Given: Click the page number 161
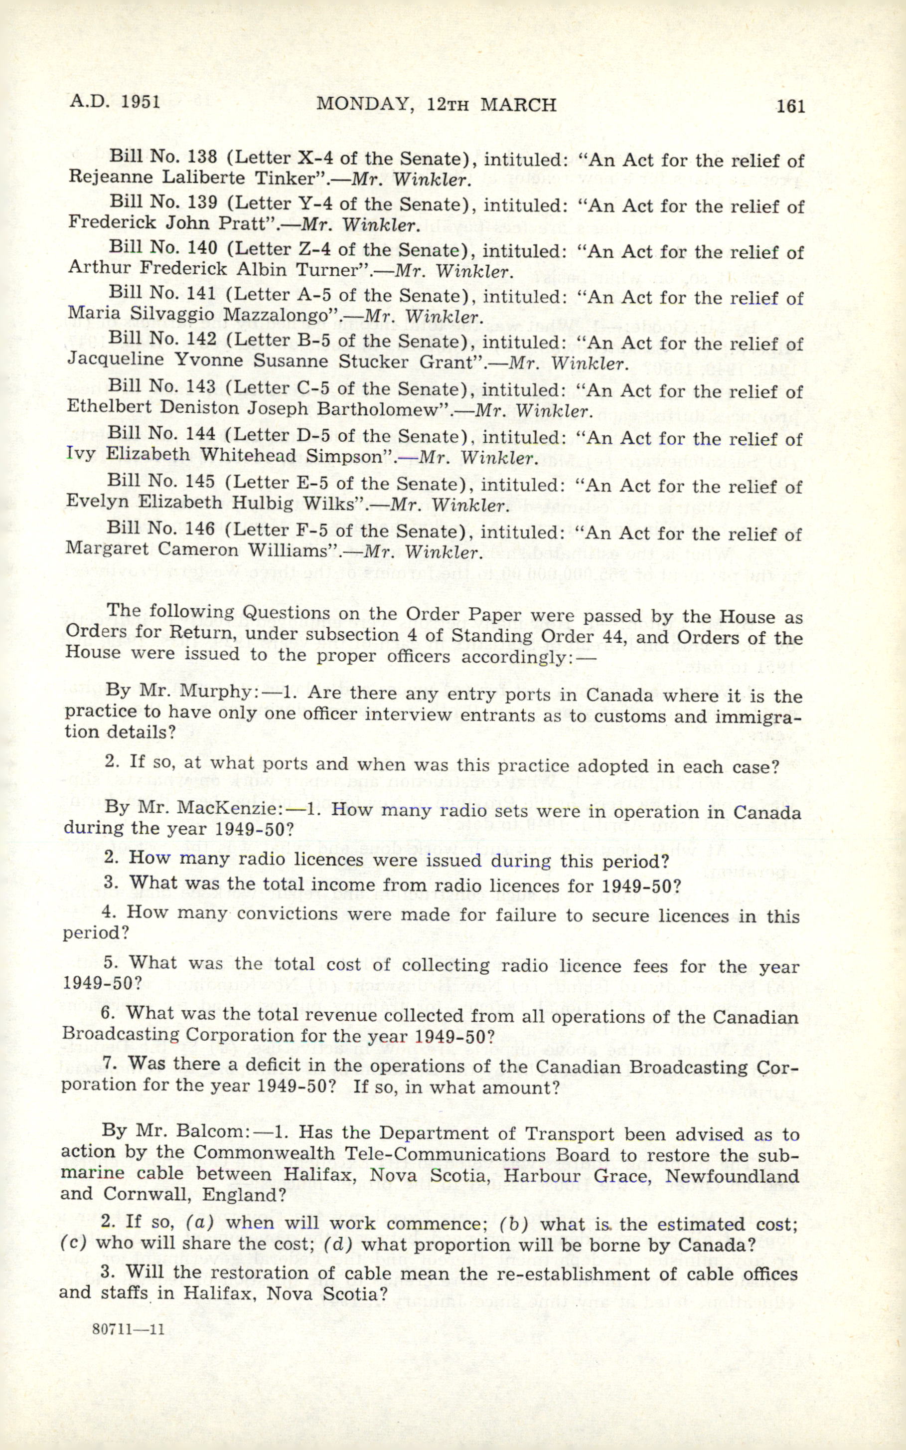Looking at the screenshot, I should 790,106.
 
